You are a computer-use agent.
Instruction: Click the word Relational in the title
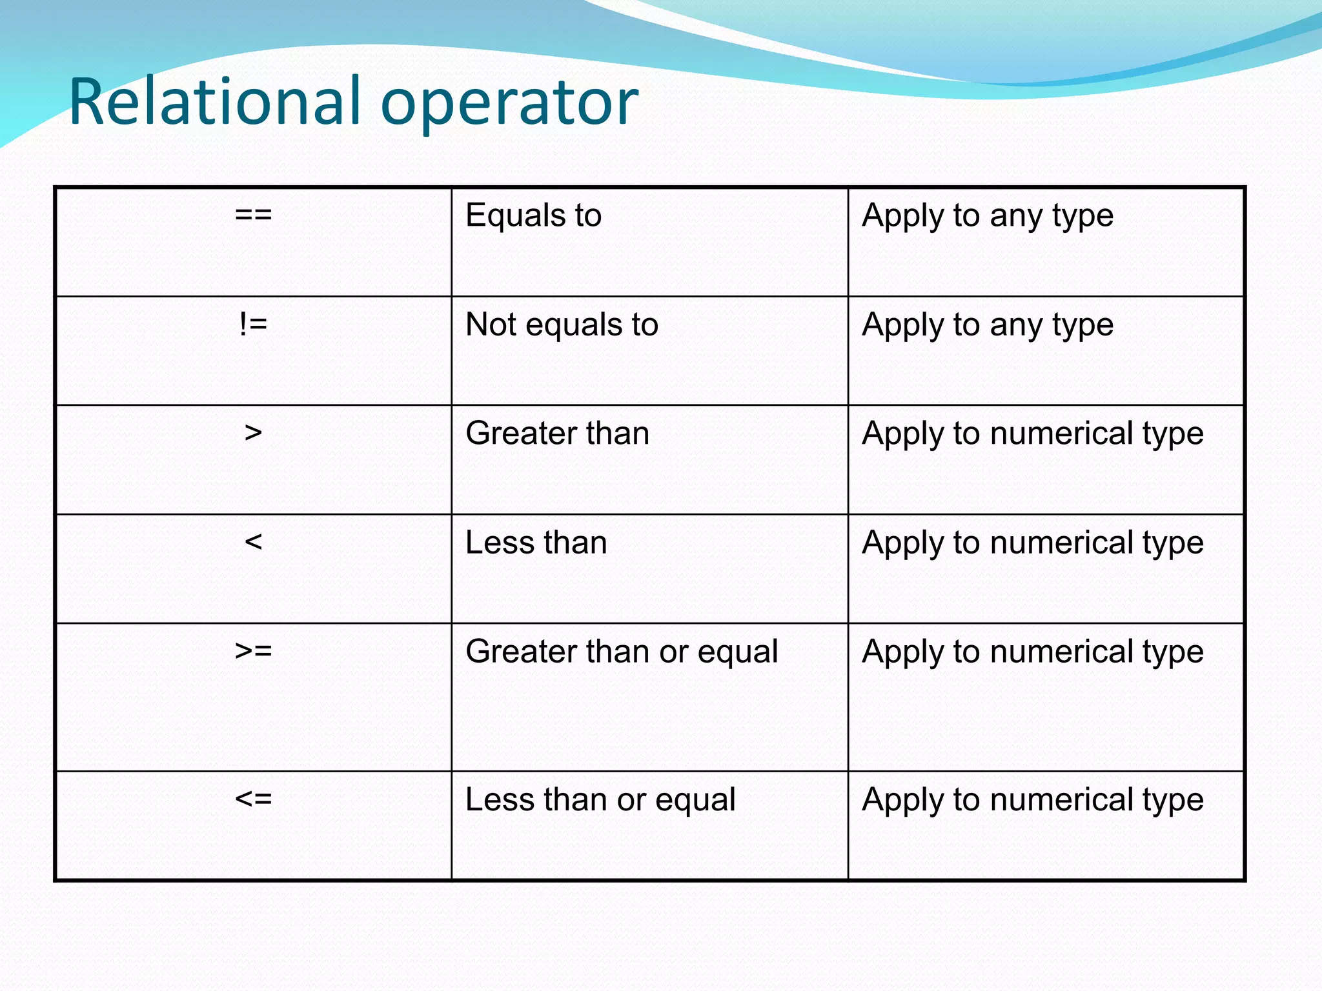(x=214, y=101)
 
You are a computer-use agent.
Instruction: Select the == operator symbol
(x=253, y=214)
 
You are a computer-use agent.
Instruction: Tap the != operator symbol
(x=253, y=324)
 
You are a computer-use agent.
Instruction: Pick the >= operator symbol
(x=253, y=651)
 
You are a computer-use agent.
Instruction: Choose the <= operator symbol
(x=253, y=799)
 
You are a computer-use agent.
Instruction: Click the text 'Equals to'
(x=533, y=215)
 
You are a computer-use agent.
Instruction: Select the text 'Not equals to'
(x=562, y=325)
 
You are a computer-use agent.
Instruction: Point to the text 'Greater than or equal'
(x=622, y=652)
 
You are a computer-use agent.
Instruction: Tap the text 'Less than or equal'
(x=600, y=800)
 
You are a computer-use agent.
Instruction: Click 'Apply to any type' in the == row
(x=988, y=216)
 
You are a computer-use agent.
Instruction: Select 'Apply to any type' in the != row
(x=988, y=325)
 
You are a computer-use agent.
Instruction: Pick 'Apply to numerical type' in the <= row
(x=1033, y=801)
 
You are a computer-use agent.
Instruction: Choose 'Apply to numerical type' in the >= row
(x=1033, y=652)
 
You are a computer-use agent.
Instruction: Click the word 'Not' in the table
(x=491, y=325)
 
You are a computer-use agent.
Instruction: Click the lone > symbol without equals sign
(x=253, y=433)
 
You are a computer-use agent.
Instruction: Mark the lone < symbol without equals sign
(x=253, y=542)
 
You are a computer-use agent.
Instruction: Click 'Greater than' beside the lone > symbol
(x=557, y=433)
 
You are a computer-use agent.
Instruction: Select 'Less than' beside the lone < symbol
(x=536, y=543)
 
